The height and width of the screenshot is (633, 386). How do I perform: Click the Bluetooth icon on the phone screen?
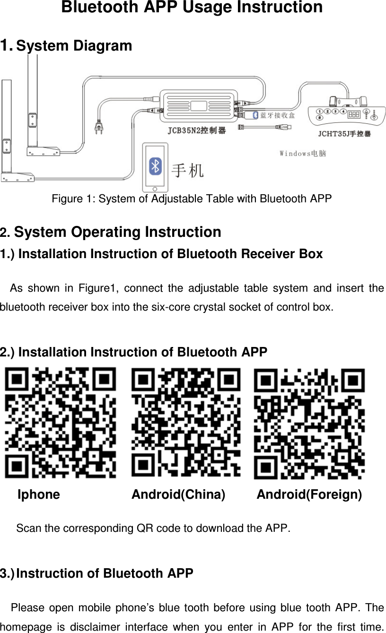155,166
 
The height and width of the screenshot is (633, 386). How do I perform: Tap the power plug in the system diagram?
99,127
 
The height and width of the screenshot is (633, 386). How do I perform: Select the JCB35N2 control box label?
196,130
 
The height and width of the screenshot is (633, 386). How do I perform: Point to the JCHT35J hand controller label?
344,134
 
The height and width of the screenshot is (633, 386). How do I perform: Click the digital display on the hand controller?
354,114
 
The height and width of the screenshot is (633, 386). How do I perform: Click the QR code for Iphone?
60,424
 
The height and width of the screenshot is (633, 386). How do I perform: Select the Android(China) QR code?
185,424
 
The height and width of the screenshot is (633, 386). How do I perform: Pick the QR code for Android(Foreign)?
309,424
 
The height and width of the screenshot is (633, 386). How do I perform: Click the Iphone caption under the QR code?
39,495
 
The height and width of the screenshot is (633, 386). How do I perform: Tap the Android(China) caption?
178,495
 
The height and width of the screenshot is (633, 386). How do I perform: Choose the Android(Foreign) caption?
309,495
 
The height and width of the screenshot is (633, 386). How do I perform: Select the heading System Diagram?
74,46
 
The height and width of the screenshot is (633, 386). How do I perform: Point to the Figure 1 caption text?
192,198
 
